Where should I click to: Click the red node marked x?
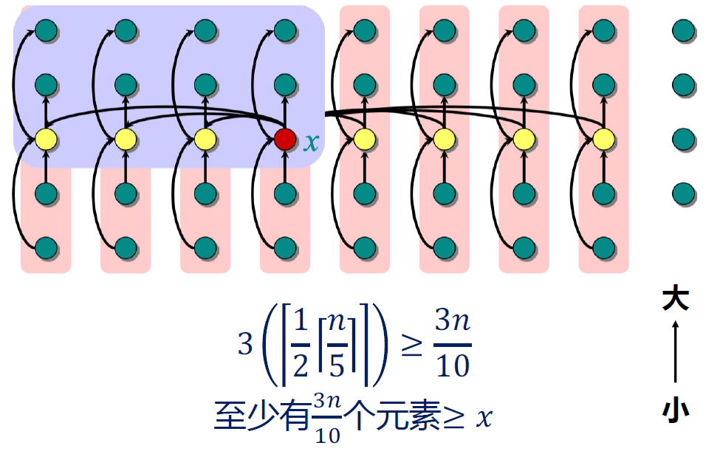(285, 138)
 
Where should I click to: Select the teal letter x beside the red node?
(312, 141)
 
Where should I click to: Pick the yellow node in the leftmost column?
(46, 138)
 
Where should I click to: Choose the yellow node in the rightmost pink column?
(604, 138)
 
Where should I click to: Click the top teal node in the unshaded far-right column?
(684, 30)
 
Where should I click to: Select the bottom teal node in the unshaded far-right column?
(684, 195)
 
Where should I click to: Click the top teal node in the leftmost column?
(46, 30)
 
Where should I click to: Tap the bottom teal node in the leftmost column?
(46, 247)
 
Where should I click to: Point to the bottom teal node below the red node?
(285, 247)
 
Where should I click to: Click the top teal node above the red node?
(285, 30)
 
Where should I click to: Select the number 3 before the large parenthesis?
(245, 345)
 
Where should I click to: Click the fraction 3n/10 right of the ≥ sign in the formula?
(452, 345)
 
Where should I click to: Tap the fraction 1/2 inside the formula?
(301, 345)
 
